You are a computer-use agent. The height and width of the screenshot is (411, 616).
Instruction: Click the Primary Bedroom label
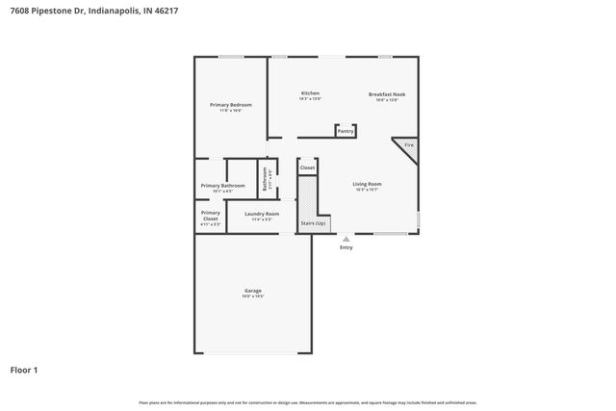pyautogui.click(x=231, y=104)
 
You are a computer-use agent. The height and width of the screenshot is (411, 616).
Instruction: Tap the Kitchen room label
pyautogui.click(x=309, y=93)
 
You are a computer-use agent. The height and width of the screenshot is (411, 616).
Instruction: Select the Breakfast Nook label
pyautogui.click(x=386, y=94)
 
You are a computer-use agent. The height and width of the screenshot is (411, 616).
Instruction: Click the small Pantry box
pyautogui.click(x=345, y=131)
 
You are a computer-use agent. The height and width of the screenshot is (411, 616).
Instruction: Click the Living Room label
pyautogui.click(x=367, y=184)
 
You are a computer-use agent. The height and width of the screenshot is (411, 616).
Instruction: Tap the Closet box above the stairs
pyautogui.click(x=307, y=167)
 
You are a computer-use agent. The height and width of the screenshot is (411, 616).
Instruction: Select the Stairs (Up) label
pyautogui.click(x=313, y=222)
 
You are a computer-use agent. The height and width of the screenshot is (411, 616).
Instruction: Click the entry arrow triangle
pyautogui.click(x=346, y=236)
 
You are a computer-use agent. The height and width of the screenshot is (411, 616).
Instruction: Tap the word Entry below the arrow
pyautogui.click(x=346, y=247)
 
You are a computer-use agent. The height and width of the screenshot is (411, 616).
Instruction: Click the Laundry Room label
pyautogui.click(x=262, y=214)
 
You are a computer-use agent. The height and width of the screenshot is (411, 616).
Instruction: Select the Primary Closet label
pyautogui.click(x=210, y=216)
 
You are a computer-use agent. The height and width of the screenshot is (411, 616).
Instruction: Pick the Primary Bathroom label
pyautogui.click(x=222, y=186)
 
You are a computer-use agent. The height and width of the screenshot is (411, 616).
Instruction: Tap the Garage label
pyautogui.click(x=253, y=291)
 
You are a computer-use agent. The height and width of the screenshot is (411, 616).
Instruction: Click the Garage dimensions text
pyautogui.click(x=253, y=296)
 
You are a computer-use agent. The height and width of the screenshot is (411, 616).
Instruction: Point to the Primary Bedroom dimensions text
pyautogui.click(x=231, y=111)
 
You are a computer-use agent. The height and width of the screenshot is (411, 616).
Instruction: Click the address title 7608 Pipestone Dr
pyautogui.click(x=94, y=11)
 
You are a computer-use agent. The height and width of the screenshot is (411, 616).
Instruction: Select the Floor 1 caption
pyautogui.click(x=24, y=369)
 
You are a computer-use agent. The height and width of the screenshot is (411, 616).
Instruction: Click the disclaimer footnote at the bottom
pyautogui.click(x=308, y=402)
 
